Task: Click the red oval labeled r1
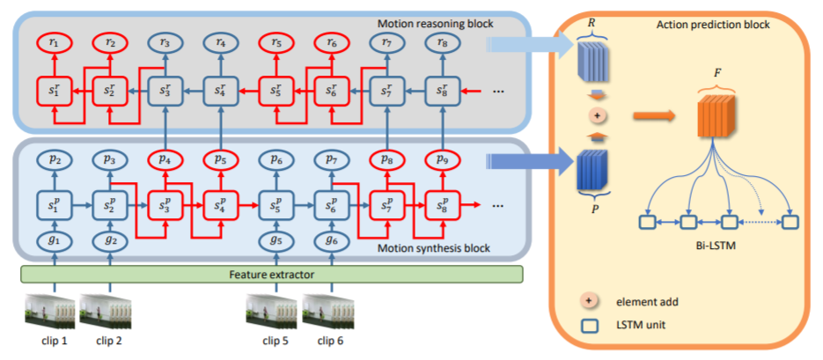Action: click(x=55, y=40)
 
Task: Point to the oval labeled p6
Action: click(x=274, y=160)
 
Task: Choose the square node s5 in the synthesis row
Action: click(x=274, y=208)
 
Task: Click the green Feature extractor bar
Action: click(x=272, y=275)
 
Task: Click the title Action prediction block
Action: click(x=713, y=25)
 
